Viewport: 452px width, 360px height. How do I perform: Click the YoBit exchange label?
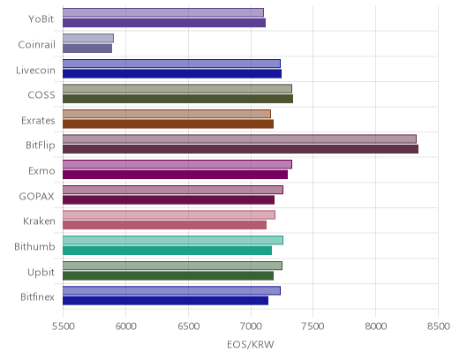click(x=41, y=19)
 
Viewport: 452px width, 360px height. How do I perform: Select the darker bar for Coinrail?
click(x=87, y=49)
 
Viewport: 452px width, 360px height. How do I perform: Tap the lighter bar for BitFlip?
click(x=239, y=139)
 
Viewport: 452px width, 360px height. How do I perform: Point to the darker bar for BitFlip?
click(x=240, y=149)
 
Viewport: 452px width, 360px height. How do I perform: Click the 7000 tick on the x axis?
click(x=251, y=326)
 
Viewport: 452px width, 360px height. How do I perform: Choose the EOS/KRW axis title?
click(x=251, y=344)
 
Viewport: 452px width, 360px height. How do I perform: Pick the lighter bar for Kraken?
click(x=169, y=215)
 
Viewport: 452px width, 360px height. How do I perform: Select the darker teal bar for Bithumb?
click(x=167, y=251)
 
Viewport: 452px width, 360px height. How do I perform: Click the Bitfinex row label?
click(x=37, y=297)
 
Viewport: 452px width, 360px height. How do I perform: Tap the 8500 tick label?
click(x=438, y=326)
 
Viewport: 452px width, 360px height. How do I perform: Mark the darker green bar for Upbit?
click(x=168, y=276)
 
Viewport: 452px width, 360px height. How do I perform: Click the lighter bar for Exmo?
click(x=177, y=164)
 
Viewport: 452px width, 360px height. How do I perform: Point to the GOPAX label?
click(x=36, y=196)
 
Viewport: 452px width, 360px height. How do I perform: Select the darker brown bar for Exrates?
click(x=168, y=124)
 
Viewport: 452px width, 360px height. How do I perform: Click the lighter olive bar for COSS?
click(x=177, y=88)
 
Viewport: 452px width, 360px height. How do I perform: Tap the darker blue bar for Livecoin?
click(x=172, y=73)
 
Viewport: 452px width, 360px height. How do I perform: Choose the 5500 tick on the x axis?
click(x=63, y=326)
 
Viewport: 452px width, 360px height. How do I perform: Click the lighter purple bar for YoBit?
click(x=163, y=12)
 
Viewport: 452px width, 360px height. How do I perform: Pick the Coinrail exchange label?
click(x=36, y=45)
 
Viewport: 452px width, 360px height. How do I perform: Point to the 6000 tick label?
click(x=125, y=326)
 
